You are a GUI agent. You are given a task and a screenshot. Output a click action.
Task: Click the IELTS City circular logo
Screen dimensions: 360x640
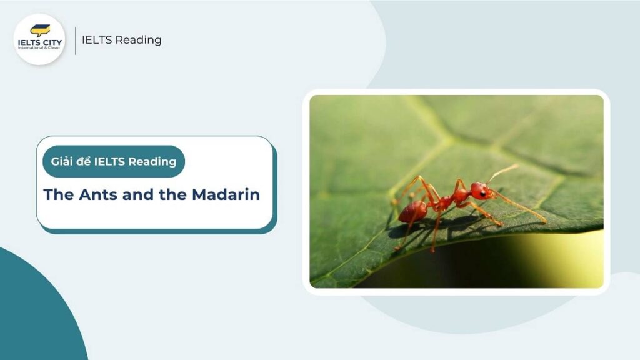[39, 39]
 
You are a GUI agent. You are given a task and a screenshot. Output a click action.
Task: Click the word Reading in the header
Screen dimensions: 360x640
[141, 40]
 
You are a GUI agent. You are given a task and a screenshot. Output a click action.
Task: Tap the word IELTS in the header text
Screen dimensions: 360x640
[99, 40]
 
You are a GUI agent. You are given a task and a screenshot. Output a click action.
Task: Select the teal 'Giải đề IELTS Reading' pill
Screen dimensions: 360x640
[113, 162]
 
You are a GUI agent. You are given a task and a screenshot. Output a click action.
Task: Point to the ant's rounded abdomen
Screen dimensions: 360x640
[412, 212]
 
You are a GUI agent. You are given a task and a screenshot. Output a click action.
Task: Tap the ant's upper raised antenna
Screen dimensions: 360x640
[504, 172]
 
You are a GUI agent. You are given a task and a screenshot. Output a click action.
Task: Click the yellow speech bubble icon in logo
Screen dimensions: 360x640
[40, 29]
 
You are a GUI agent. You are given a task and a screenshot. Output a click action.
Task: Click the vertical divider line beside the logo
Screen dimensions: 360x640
[76, 40]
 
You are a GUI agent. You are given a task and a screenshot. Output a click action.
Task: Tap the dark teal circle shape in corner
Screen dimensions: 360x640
[31, 312]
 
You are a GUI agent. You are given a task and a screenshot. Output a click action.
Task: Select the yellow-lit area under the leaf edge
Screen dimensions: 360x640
[575, 256]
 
